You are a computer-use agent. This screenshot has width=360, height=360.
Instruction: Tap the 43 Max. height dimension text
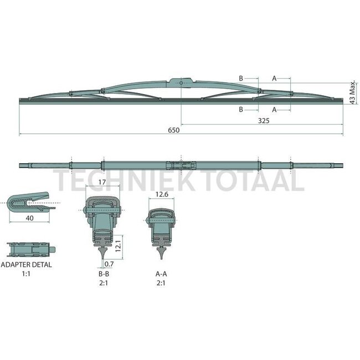click(x=352, y=91)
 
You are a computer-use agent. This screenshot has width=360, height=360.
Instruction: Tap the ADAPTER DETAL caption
click(x=28, y=265)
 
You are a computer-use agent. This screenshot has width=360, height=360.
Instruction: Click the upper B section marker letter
click(x=241, y=79)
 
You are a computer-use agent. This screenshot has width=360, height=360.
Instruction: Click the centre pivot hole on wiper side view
click(x=182, y=83)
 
